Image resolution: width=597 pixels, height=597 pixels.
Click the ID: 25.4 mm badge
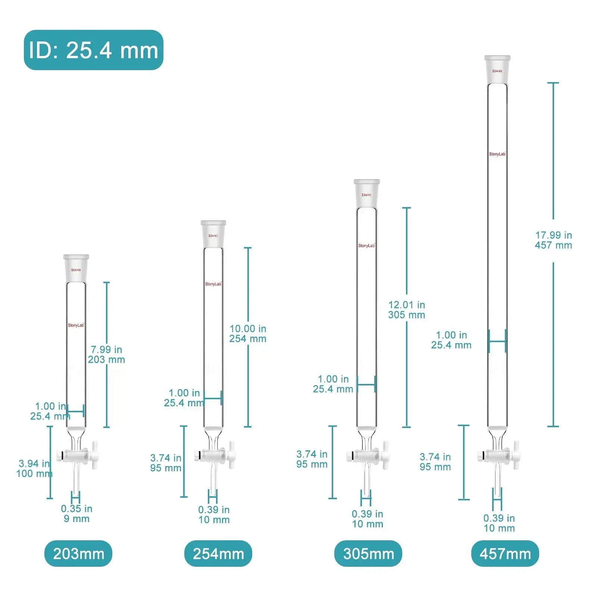pyautogui.click(x=94, y=50)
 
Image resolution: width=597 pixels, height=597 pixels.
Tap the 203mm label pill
pyautogui.click(x=78, y=554)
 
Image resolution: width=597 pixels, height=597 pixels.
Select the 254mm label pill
pyautogui.click(x=218, y=554)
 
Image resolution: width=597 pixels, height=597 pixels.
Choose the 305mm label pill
pyautogui.click(x=368, y=554)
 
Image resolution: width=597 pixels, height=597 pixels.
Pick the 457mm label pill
pyautogui.click(x=505, y=554)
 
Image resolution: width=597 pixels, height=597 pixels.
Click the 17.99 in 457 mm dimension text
pyautogui.click(x=553, y=240)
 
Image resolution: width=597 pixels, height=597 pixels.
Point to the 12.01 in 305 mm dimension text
pyautogui.click(x=407, y=310)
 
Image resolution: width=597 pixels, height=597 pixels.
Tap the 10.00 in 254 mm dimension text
pyautogui.click(x=248, y=334)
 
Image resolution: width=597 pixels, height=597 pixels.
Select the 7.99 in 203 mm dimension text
pyautogui.click(x=107, y=354)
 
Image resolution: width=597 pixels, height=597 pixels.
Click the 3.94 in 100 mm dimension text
pyautogui.click(x=34, y=469)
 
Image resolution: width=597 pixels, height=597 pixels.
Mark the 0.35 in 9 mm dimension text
pyautogui.click(x=76, y=513)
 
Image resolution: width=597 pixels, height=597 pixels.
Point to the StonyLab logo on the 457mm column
pyautogui.click(x=497, y=154)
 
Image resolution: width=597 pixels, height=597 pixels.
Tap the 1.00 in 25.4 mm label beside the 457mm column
pyautogui.click(x=451, y=340)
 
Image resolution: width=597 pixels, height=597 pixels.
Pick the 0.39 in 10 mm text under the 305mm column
pyautogui.click(x=368, y=519)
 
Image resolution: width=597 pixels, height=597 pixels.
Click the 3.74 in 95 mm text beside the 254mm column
pyautogui.click(x=166, y=463)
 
